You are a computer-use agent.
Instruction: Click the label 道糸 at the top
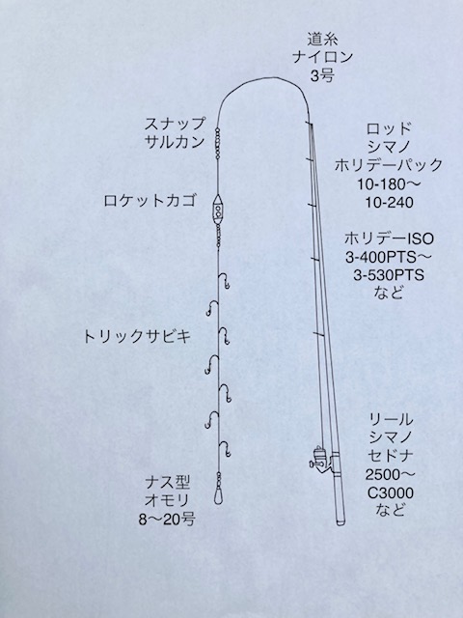(322, 40)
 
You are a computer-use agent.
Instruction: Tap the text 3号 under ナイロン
(322, 75)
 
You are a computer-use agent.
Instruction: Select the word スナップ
(175, 125)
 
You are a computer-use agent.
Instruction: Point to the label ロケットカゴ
(150, 201)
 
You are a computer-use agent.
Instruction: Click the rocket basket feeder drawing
(218, 209)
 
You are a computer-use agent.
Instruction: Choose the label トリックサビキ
(137, 337)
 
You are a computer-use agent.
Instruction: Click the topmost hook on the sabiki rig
(225, 281)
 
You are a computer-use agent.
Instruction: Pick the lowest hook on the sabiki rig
(225, 449)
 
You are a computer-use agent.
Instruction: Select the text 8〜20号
(167, 520)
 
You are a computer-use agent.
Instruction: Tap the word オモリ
(167, 500)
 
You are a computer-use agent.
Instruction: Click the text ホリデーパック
(389, 165)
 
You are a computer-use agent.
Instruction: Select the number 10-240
(389, 203)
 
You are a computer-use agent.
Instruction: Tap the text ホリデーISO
(389, 239)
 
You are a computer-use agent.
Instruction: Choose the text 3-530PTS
(389, 275)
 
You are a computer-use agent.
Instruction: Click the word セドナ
(390, 457)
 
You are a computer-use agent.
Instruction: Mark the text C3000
(390, 493)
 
